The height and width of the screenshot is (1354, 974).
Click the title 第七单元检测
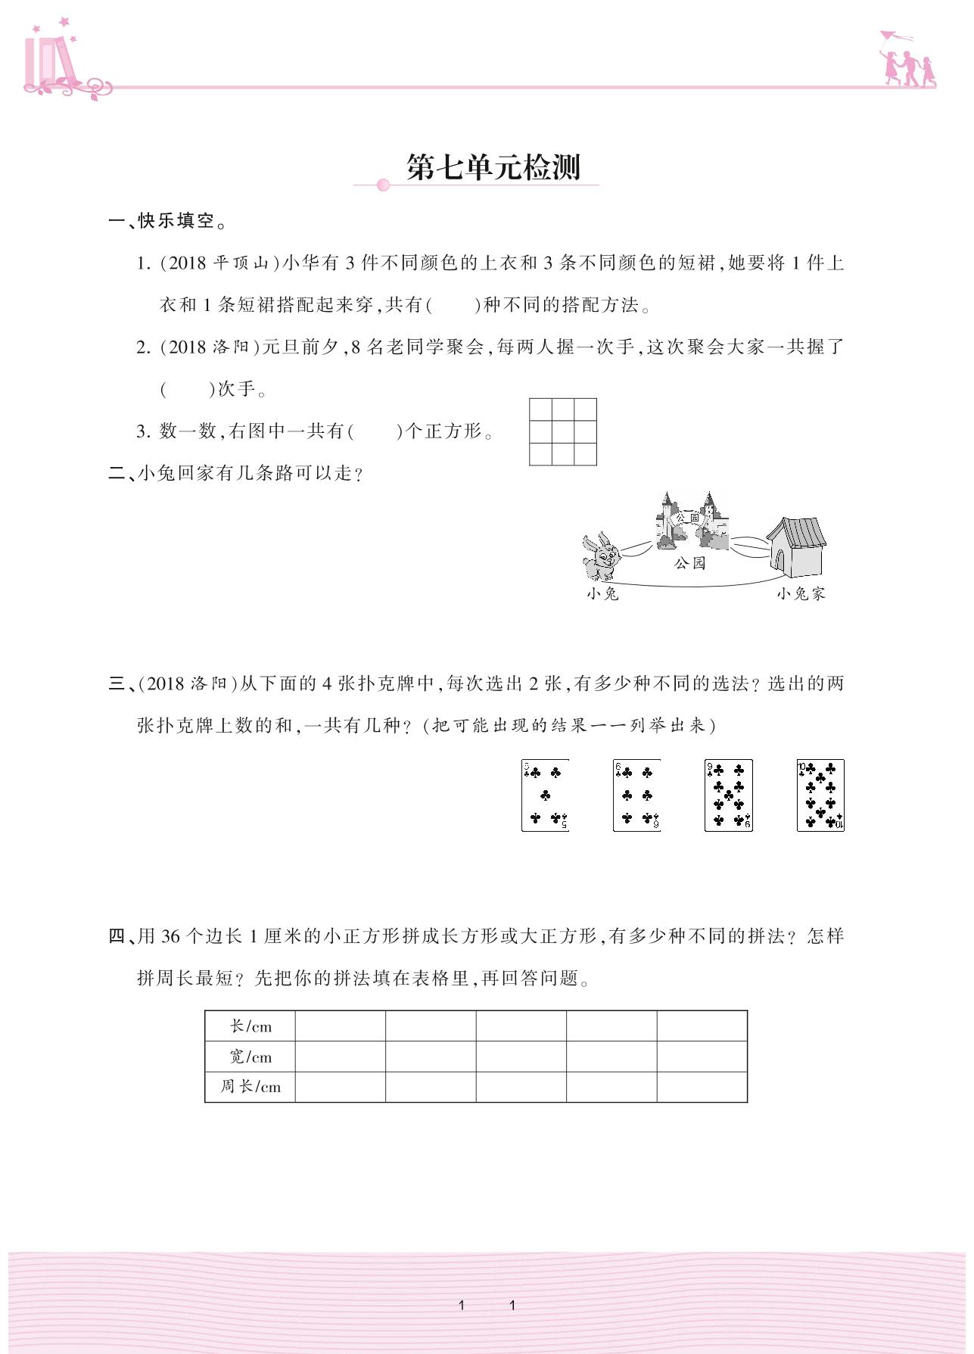point(493,167)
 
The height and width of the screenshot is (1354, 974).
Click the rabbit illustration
point(602,556)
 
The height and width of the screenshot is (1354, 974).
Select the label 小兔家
point(801,594)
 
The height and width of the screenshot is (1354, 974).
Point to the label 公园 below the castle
point(689,563)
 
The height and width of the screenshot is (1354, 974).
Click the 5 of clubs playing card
point(545,795)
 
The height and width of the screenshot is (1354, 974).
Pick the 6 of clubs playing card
point(636,795)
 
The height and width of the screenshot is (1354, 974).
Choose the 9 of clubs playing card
point(729,795)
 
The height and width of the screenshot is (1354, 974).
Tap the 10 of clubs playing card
point(820,795)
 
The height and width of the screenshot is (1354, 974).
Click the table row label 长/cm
point(251,1027)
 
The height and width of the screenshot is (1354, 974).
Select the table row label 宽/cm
point(251,1057)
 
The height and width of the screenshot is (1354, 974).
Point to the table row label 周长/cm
point(251,1087)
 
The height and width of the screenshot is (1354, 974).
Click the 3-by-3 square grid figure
point(563,431)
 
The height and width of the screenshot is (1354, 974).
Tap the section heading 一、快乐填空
point(168,221)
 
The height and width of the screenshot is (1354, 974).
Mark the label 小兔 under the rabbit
point(602,594)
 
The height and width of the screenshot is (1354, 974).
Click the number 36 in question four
point(170,937)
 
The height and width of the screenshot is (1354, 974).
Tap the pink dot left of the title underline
point(383,185)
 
